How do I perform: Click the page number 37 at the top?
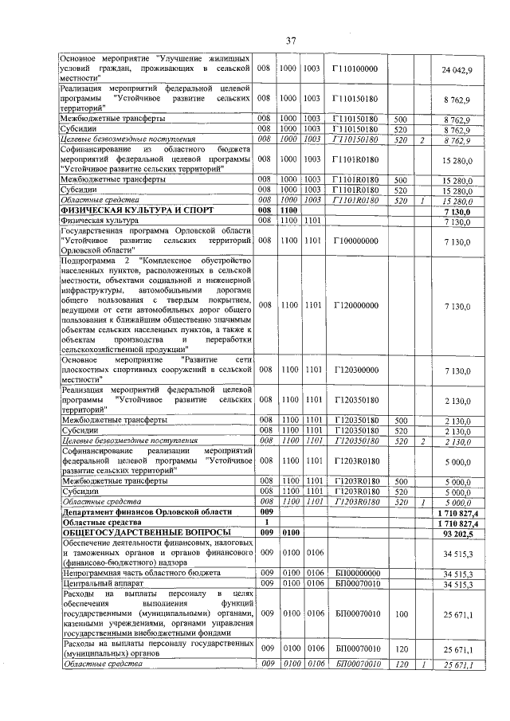291,41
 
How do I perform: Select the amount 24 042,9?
457,70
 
